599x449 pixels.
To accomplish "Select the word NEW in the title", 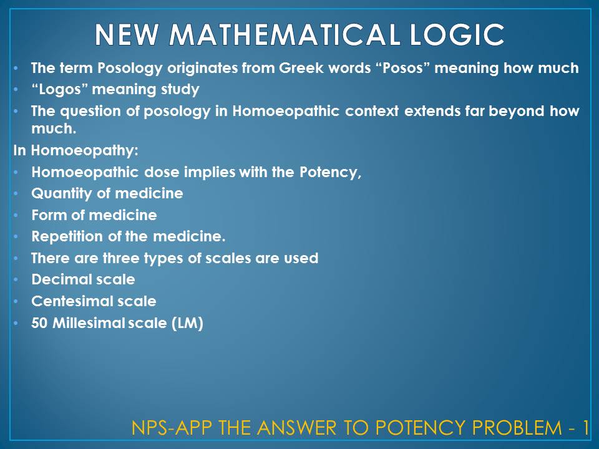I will [x=127, y=36].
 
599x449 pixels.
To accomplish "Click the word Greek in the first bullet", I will [x=313, y=68].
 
